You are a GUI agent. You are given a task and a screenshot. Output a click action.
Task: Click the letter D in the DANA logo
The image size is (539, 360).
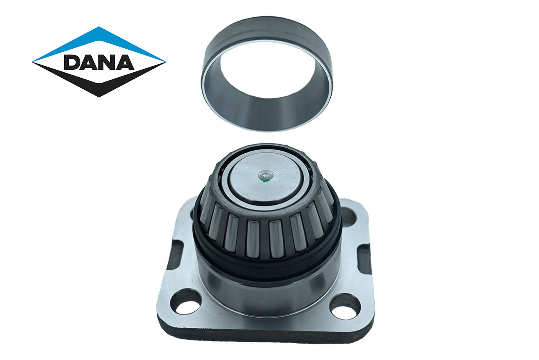tap(72, 62)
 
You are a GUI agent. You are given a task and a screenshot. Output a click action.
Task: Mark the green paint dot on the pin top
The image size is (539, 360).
tap(264, 180)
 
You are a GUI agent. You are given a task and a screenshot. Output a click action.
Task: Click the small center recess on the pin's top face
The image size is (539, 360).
tap(265, 175)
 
